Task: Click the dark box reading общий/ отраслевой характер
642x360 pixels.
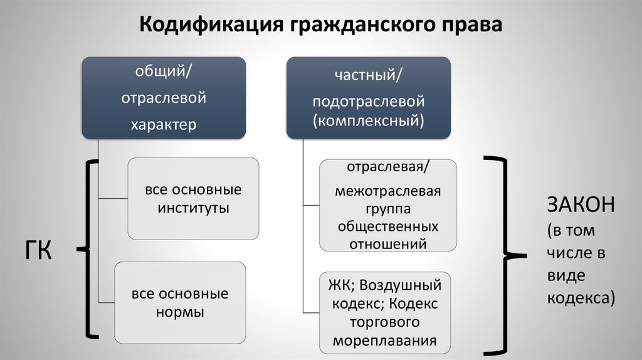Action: coord(163,97)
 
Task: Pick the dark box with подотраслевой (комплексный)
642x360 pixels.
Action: coord(368,97)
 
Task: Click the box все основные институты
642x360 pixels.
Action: coord(193,198)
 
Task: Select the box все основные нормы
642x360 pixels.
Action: coord(180,302)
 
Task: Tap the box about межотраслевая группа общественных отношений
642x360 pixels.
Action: coord(388,205)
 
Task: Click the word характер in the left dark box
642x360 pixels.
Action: coord(163,124)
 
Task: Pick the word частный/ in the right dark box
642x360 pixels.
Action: coord(368,76)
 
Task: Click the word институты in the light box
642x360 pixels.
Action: coord(193,208)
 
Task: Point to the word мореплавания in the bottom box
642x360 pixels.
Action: coord(385,342)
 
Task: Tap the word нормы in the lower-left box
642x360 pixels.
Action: coord(180,312)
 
